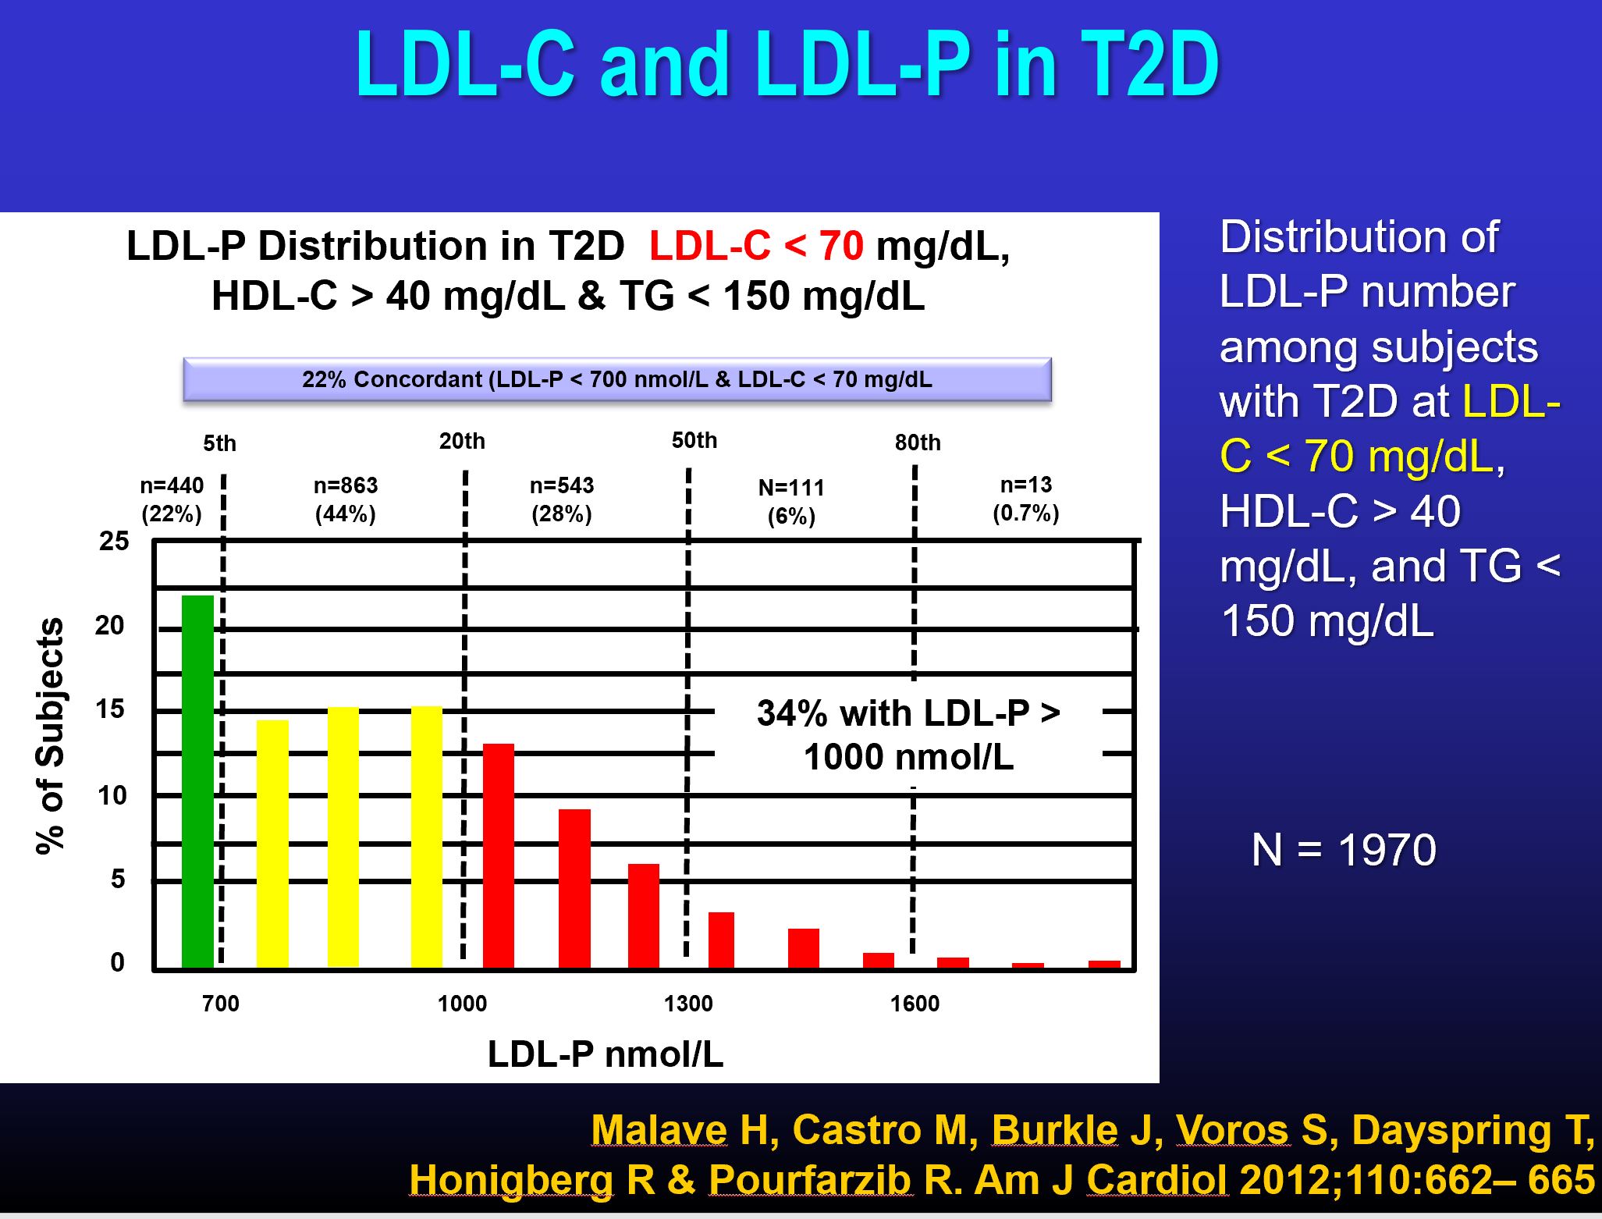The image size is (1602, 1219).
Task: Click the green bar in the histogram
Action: (197, 780)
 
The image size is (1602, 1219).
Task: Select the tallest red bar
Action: (499, 855)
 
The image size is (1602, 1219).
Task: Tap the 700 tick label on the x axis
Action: (221, 1004)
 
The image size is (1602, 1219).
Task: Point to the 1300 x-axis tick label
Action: (688, 1004)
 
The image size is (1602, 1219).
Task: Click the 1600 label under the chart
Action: (915, 1004)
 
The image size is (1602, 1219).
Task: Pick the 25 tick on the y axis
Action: (114, 541)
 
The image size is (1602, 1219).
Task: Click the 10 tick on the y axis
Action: (112, 795)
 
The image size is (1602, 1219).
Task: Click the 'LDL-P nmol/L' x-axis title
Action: (606, 1054)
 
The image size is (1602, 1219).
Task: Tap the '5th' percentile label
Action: (219, 443)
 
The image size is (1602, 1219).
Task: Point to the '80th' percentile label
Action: (918, 442)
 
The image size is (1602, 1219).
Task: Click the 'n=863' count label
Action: (346, 485)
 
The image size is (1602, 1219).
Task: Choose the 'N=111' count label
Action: (791, 488)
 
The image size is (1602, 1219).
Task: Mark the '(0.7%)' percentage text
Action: (1025, 514)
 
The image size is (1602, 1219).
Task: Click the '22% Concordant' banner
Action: (616, 379)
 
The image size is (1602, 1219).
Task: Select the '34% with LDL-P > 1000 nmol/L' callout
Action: (908, 734)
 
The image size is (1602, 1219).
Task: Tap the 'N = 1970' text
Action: (1344, 849)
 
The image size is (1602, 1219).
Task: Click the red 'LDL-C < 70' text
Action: (756, 247)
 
